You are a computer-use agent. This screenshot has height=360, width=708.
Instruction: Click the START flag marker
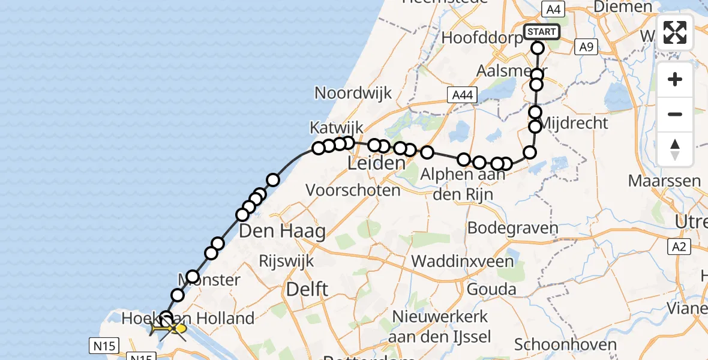(542, 31)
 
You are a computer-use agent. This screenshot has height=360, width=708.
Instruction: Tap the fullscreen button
(675, 32)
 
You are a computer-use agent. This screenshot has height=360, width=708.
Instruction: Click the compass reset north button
(675, 149)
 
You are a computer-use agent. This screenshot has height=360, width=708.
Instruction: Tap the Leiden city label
(376, 163)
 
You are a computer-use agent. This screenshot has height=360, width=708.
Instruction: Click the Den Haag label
(282, 230)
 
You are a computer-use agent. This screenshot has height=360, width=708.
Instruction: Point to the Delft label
(307, 289)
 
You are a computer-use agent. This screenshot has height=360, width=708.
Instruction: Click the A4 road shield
(553, 9)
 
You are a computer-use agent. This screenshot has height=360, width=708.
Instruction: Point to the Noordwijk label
(353, 93)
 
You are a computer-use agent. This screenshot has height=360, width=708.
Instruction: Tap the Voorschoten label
(353, 191)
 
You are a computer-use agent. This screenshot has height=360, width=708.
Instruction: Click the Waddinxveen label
(462, 261)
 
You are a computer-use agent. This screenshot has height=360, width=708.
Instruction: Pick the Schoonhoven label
(566, 344)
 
